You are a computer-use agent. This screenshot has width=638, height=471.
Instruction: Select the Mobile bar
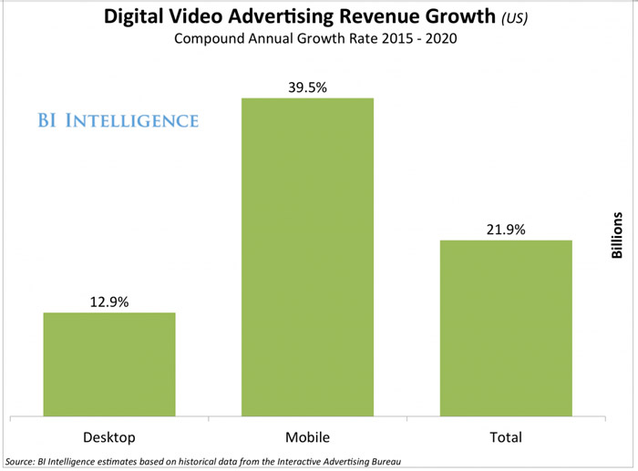(306, 256)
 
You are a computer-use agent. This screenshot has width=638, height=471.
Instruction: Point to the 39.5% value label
(306, 86)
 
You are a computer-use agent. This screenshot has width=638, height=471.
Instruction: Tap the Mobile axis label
(306, 436)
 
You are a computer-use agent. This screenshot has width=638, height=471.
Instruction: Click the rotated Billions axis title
(617, 236)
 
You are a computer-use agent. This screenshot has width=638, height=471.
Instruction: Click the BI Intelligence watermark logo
(118, 120)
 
